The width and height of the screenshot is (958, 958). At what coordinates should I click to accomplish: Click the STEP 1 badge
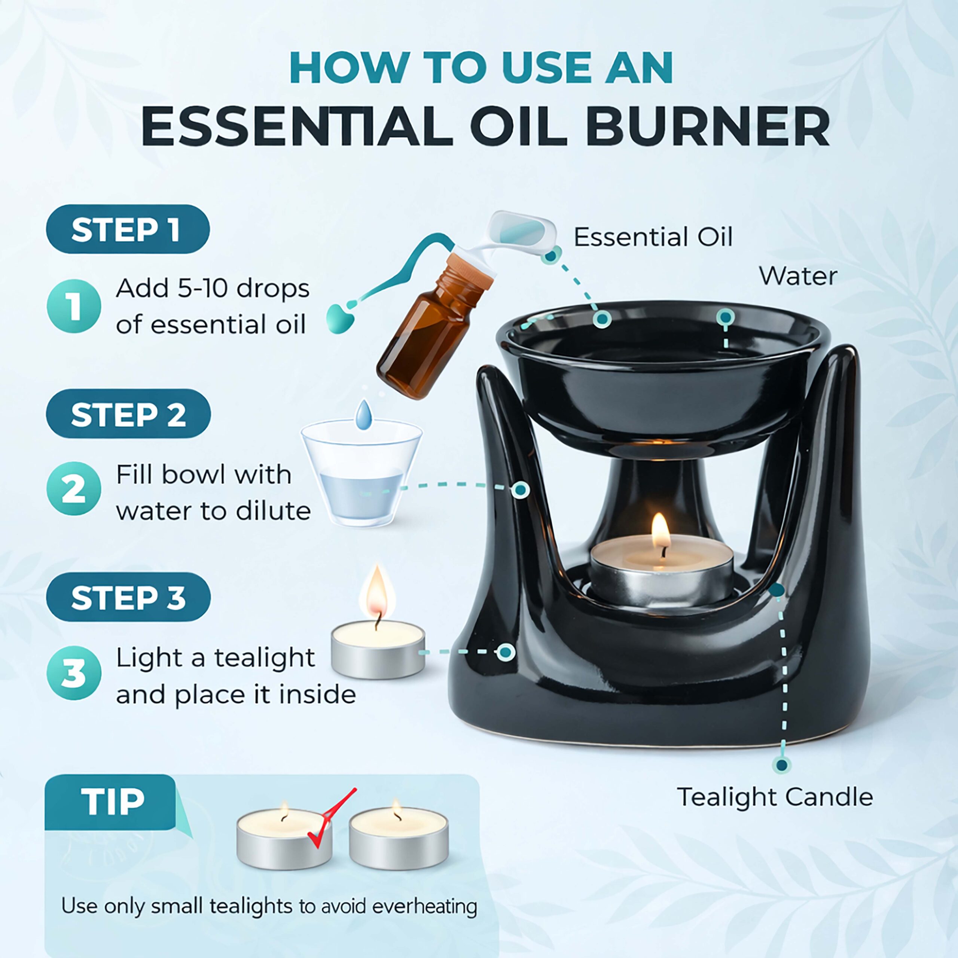128,229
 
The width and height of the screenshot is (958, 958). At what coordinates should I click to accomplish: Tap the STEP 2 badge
128,414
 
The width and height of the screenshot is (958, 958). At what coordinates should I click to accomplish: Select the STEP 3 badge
128,597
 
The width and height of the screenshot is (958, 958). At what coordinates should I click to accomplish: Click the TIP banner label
110,802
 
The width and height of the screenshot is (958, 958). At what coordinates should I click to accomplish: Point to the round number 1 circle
74,306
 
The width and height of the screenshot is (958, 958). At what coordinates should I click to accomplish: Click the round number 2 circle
74,489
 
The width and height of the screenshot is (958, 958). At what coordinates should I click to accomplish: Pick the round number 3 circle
74,673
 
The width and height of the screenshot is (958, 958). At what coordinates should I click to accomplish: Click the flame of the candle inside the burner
660,531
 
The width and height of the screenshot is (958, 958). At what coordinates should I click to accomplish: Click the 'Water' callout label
798,276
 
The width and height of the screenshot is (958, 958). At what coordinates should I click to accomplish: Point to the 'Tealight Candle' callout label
775,797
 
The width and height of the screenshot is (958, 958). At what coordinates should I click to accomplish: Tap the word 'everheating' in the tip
424,906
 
